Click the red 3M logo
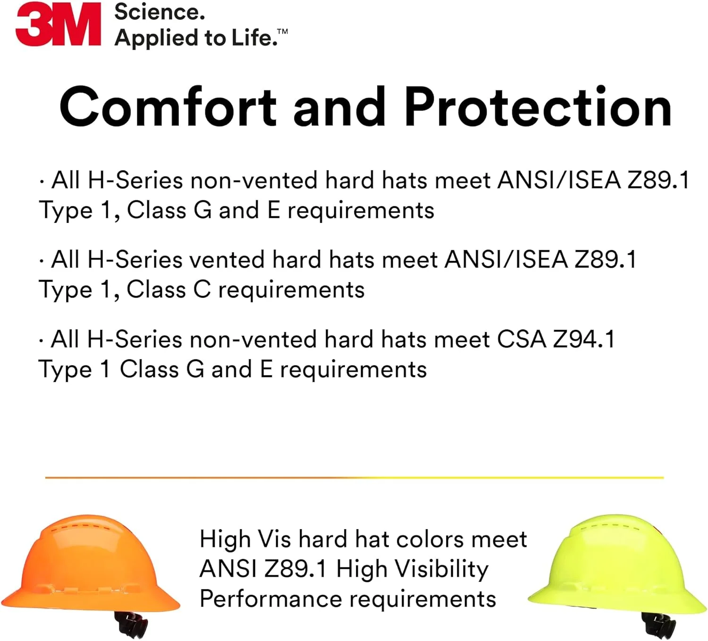coord(59,24)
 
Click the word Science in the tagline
coord(160,12)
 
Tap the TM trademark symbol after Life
coord(282,32)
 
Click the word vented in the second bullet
coord(227,260)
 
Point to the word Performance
coord(271,599)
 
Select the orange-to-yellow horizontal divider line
coord(354,478)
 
